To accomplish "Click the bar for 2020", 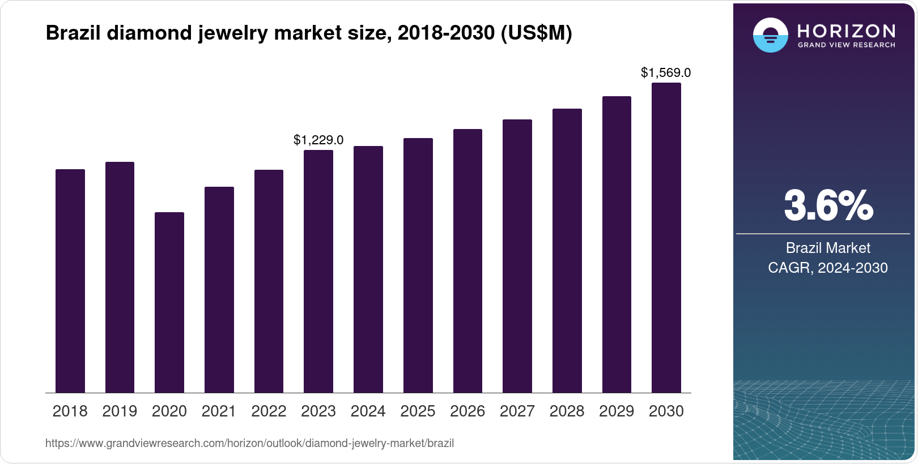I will pos(169,302).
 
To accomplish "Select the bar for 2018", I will pos(70,281).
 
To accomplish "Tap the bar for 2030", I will pos(666,238).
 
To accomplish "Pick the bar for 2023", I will pos(318,271).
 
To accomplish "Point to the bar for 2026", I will pos(467,261).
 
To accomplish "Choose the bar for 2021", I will pos(219,290).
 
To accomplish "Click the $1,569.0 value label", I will pos(666,72).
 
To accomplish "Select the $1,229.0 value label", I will pos(318,140).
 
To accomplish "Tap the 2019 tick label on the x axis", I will pos(120,411).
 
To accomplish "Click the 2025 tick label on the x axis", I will pos(418,411).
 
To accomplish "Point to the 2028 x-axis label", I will pos(567,411).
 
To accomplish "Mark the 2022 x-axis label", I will pos(269,411).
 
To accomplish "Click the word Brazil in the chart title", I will pos(73,33).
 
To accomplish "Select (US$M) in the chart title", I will pos(536,33).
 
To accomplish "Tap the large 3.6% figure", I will pos(828,206).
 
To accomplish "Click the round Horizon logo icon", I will pos(770,35).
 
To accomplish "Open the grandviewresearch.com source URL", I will pos(249,444).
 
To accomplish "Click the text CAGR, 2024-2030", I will pos(828,268).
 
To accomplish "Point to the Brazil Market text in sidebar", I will pos(828,248).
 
